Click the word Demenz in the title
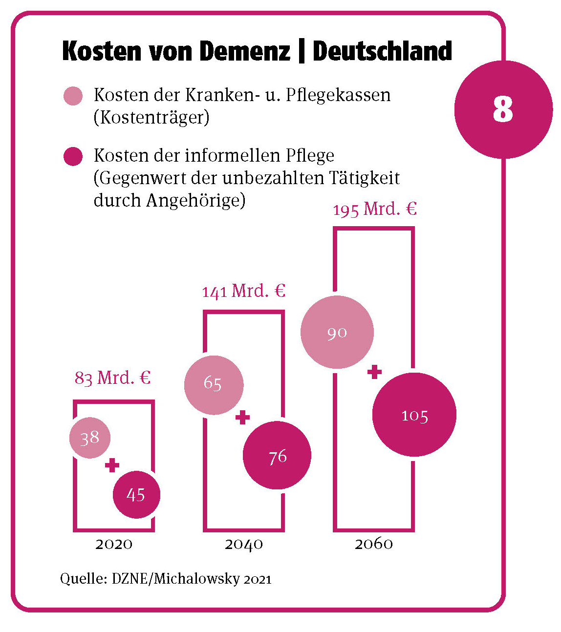coord(245,51)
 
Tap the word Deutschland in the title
coord(382,51)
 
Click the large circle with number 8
coord(503,109)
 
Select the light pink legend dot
coord(73,96)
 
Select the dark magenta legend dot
coord(73,156)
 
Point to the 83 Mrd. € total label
coord(112,378)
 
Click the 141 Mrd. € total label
coord(243,291)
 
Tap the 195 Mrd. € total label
coord(375,209)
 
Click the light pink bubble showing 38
coord(90,438)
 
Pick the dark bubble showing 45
coord(136,494)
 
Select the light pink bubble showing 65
coord(214,385)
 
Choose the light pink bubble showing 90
coord(337,332)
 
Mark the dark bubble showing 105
coord(414,415)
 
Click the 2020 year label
coord(114,544)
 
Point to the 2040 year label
coord(244,544)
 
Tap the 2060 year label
coord(374,544)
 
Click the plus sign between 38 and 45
coord(112,465)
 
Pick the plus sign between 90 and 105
coord(374,372)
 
